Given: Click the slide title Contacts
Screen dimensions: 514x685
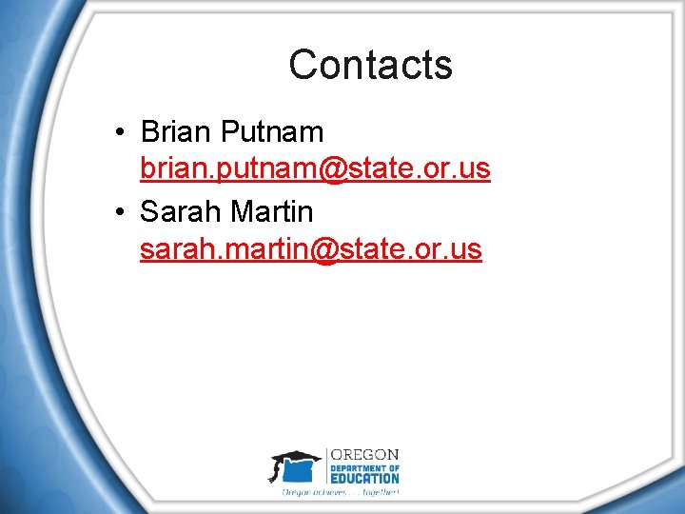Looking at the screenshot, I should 370,65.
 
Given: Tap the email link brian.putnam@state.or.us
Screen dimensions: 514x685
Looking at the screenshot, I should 315,169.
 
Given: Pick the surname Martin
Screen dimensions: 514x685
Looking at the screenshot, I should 277,210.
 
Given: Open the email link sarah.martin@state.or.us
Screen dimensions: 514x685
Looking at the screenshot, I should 310,249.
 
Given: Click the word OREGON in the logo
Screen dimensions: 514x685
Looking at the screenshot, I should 364,454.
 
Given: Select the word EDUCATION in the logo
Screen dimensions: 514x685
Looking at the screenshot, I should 364,478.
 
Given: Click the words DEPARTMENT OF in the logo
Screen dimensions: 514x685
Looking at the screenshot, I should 364,466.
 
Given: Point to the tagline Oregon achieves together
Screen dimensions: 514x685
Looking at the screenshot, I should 340,492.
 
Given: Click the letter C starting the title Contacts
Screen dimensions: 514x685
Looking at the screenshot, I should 302,65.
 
